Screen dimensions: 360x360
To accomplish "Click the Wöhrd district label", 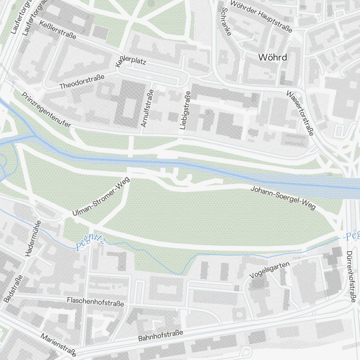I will tap(273, 57).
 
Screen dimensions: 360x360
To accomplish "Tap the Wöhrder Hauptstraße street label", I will tap(261, 16).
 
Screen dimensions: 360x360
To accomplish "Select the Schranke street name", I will tap(226, 22).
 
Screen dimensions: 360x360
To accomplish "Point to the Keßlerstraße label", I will tap(59, 30).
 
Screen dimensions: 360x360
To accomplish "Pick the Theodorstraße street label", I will tap(82, 82).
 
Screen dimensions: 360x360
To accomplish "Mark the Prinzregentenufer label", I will tap(46, 109).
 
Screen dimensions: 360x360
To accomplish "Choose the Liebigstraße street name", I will tap(185, 110).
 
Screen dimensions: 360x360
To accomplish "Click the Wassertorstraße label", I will tap(300, 113).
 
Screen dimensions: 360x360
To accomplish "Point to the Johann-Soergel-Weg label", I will tap(283, 198).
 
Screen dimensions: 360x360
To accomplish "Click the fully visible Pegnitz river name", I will tap(90, 243).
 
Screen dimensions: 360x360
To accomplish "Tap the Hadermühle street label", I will tap(32, 238).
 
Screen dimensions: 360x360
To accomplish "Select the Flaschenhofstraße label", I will tap(95, 302).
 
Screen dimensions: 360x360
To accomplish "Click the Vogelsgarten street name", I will tap(270, 270).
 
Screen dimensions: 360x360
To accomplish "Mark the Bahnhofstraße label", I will tap(161, 336).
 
